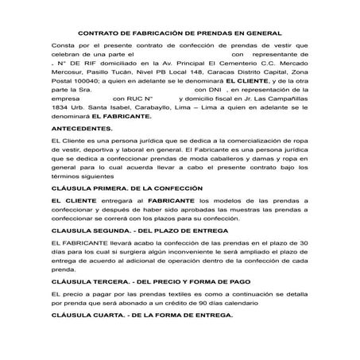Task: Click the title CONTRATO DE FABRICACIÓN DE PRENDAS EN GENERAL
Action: click(180, 34)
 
